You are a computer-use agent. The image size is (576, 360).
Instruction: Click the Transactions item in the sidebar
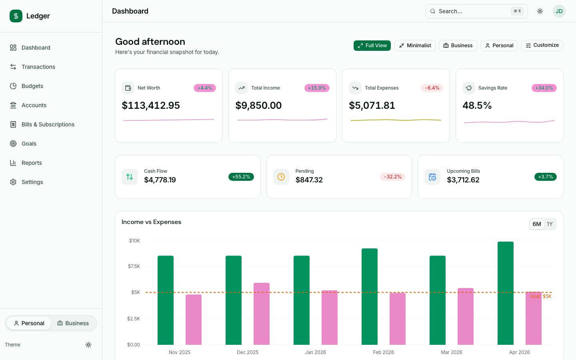click(38, 67)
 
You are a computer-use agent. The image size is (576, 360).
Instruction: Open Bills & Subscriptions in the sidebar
click(48, 124)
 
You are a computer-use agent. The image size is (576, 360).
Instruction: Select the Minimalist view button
click(415, 46)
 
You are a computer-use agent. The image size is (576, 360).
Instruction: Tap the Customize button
click(542, 46)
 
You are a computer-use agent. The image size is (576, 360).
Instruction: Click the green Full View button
click(372, 46)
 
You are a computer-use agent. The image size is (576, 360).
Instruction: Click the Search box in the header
click(472, 11)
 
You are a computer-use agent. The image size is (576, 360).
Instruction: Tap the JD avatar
click(559, 11)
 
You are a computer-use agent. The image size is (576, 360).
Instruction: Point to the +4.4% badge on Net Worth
click(205, 88)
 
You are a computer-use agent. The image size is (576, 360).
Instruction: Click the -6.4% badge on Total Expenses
click(432, 88)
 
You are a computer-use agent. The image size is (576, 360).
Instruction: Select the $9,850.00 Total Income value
click(258, 106)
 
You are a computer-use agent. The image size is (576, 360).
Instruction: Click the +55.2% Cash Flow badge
click(241, 177)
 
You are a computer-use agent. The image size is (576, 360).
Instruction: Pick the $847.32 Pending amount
click(309, 180)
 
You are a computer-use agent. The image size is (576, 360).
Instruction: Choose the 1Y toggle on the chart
click(550, 224)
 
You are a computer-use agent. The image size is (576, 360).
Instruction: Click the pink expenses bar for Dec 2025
click(262, 314)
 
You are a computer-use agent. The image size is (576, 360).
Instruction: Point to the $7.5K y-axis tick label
click(134, 266)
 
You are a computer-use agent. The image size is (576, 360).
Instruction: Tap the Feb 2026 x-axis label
click(383, 352)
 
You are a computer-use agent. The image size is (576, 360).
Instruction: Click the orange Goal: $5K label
click(541, 296)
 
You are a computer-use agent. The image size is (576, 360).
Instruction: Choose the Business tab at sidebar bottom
click(73, 323)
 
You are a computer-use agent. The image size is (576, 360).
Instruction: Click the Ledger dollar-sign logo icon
click(16, 16)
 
